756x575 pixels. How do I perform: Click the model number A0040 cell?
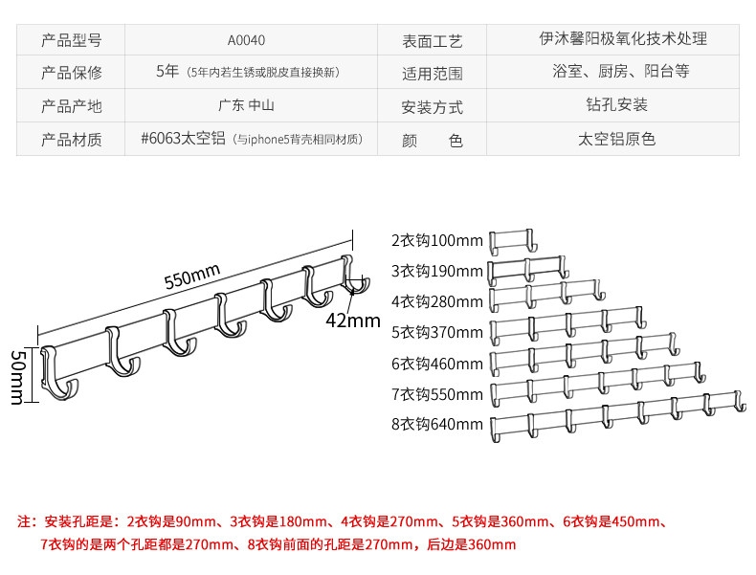[x=246, y=40]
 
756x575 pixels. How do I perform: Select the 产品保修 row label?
[x=71, y=73]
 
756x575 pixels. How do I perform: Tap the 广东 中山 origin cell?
[x=246, y=105]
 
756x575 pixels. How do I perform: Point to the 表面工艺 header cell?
[x=433, y=40]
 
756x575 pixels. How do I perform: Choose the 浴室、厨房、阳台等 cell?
[x=620, y=73]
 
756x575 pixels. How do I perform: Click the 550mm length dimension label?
[x=191, y=279]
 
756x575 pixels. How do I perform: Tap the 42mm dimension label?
[x=352, y=320]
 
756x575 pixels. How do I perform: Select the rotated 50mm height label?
[x=17, y=376]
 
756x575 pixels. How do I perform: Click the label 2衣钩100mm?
[x=437, y=240]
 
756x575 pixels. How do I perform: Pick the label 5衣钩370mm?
[x=437, y=333]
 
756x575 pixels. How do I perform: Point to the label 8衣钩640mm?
[x=437, y=425]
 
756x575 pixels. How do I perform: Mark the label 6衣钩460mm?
[x=437, y=364]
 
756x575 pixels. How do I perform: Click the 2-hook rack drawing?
[x=511, y=242]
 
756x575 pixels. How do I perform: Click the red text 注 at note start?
[x=26, y=522]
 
